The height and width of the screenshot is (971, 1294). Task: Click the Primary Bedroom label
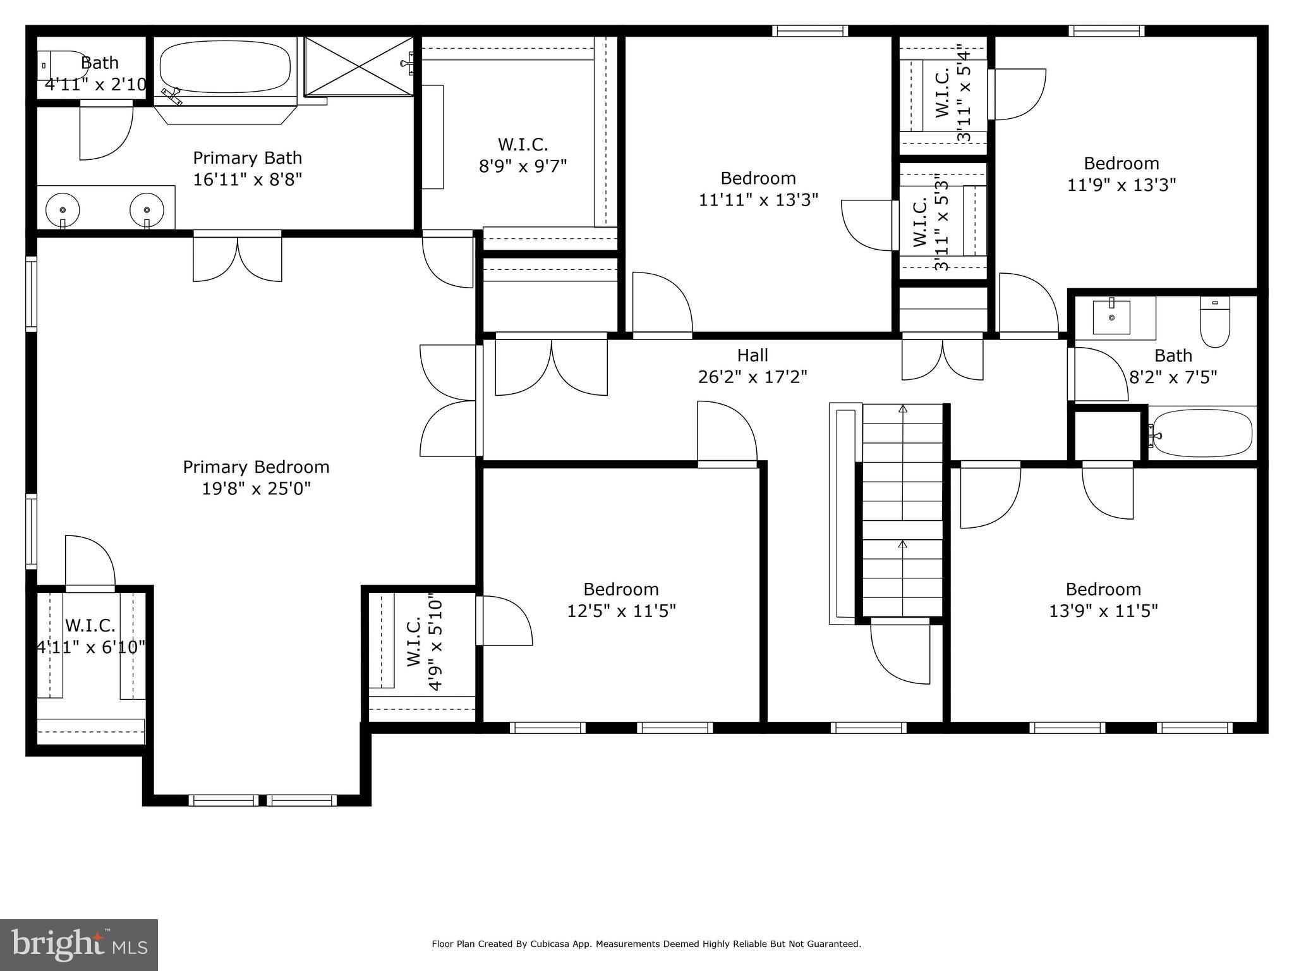coord(256,467)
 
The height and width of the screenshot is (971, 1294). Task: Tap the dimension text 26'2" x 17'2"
coord(752,377)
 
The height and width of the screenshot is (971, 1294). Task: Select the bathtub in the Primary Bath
coord(225,68)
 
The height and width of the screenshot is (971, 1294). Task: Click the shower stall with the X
coord(358,66)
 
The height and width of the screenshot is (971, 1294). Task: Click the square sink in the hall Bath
coord(1111,317)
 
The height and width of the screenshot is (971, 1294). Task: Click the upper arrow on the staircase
coord(903,410)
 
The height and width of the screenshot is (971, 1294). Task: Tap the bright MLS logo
coord(79,944)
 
